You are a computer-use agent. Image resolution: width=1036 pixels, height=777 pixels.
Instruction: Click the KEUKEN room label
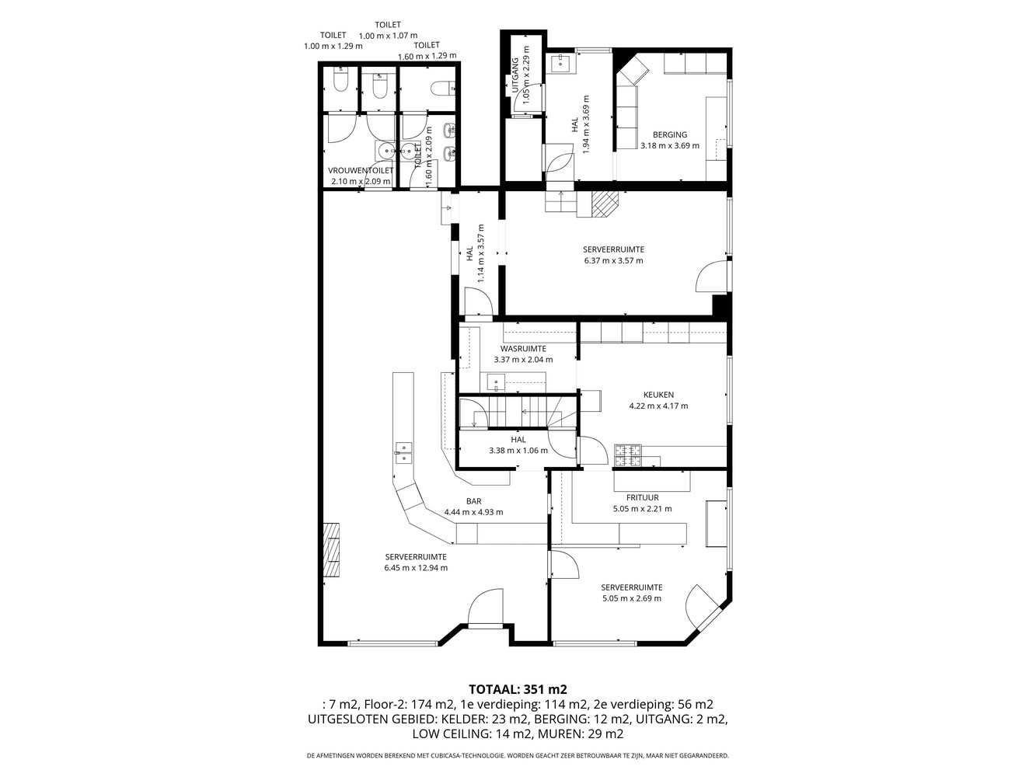pyautogui.click(x=658, y=395)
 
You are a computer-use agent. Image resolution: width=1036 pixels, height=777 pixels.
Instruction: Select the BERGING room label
pyautogui.click(x=670, y=134)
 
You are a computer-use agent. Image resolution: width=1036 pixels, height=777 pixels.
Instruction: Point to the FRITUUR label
pyautogui.click(x=643, y=497)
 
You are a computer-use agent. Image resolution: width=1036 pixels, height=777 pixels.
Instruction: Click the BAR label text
pyautogui.click(x=473, y=501)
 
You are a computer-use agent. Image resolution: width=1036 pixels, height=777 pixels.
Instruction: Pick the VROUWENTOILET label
pyautogui.click(x=361, y=170)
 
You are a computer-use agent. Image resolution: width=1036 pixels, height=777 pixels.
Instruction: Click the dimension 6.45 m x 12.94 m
pyautogui.click(x=416, y=568)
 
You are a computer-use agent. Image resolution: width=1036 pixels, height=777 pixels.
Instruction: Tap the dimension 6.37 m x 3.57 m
pyautogui.click(x=613, y=260)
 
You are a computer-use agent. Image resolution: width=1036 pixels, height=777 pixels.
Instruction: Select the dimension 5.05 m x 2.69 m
pyautogui.click(x=632, y=598)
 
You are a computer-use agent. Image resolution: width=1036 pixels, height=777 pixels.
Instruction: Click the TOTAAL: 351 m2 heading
pyautogui.click(x=518, y=689)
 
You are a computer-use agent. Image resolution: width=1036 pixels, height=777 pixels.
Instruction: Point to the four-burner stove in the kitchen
pyautogui.click(x=628, y=456)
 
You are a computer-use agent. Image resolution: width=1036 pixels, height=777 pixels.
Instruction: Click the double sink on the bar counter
pyautogui.click(x=403, y=452)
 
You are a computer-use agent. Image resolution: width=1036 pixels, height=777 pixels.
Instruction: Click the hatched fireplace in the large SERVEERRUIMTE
pyautogui.click(x=332, y=549)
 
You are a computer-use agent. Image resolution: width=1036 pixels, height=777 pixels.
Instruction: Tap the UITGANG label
pyautogui.click(x=515, y=75)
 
